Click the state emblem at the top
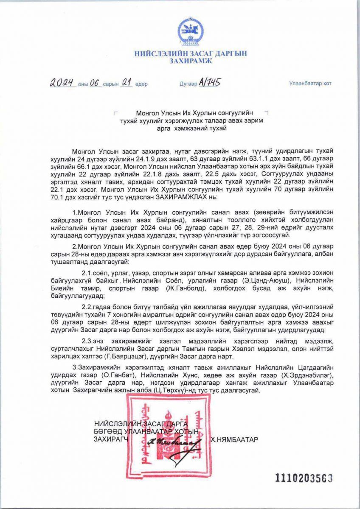tap(190, 32)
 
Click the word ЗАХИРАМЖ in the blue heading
tap(190, 61)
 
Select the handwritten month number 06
tap(94, 83)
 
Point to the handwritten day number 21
tap(126, 83)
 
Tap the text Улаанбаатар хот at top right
tap(310, 84)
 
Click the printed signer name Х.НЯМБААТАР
tap(234, 440)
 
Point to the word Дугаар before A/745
tap(188, 84)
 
